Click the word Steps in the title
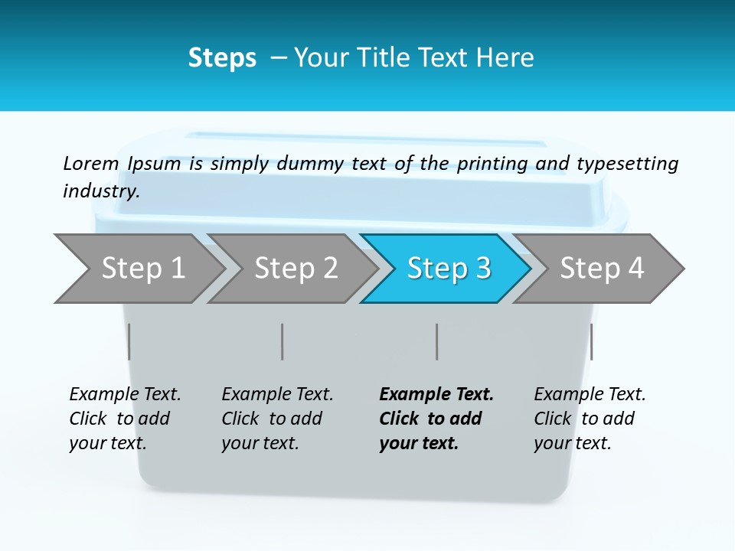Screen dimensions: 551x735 pyautogui.click(x=222, y=58)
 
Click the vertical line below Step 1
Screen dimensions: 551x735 pyautogui.click(x=129, y=341)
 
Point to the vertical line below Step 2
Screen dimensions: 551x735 pyautogui.click(x=283, y=341)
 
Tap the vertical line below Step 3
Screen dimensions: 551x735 pyautogui.click(x=437, y=341)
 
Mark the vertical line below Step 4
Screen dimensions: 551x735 pyautogui.click(x=592, y=341)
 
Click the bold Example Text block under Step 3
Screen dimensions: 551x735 pyautogui.click(x=434, y=419)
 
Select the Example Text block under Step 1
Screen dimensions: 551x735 pyautogui.click(x=124, y=419)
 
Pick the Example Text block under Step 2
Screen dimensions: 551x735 pyautogui.click(x=276, y=419)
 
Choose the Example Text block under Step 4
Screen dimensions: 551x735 pyautogui.click(x=589, y=419)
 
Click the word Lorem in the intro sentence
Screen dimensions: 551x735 pyautogui.click(x=91, y=164)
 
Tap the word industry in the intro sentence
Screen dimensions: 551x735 pyautogui.click(x=101, y=191)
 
